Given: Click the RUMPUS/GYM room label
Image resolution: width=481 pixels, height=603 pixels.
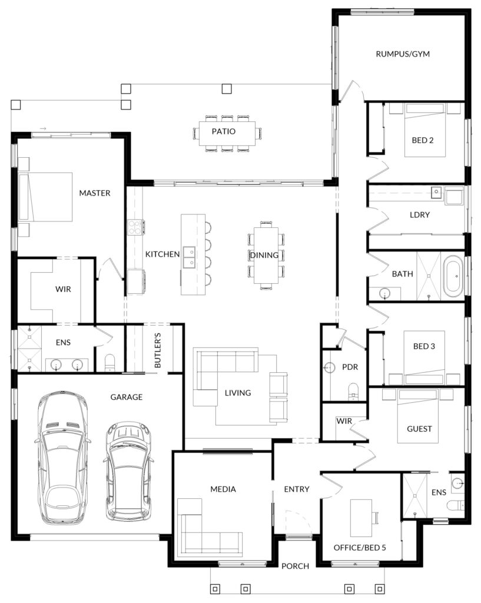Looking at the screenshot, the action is [x=403, y=54].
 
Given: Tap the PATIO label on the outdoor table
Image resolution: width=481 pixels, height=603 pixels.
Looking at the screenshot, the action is [x=223, y=131].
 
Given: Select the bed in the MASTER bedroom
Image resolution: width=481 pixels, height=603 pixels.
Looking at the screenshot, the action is [x=45, y=197].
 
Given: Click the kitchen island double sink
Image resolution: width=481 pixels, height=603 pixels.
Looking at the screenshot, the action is [x=190, y=257].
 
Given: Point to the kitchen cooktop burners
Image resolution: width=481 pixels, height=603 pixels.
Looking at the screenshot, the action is [x=135, y=227].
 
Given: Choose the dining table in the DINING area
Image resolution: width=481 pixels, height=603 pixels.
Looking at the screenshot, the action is [x=266, y=255].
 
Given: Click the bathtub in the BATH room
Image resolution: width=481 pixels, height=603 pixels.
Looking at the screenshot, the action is [x=454, y=276].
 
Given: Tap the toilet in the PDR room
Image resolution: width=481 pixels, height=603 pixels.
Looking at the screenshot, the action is [x=353, y=391].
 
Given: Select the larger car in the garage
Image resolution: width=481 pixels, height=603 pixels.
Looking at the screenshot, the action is [x=62, y=458].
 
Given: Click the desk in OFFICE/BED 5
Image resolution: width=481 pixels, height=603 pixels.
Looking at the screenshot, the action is [x=361, y=518].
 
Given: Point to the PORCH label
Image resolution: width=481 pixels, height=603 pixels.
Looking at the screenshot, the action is [x=295, y=566].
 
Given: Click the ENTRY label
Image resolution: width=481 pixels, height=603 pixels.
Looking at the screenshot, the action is [x=297, y=489].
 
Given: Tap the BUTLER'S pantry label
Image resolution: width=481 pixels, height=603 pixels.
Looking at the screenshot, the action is [x=158, y=350].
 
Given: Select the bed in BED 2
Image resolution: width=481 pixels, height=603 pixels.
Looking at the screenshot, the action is [x=425, y=130].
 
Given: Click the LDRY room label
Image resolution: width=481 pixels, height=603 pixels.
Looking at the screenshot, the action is [x=420, y=214].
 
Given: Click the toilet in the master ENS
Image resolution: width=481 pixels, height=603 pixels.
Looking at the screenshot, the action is [x=110, y=363].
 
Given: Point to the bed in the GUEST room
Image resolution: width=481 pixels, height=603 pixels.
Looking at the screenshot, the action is [x=418, y=416].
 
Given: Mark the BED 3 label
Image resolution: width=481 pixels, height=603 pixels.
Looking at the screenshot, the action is [x=424, y=346].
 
